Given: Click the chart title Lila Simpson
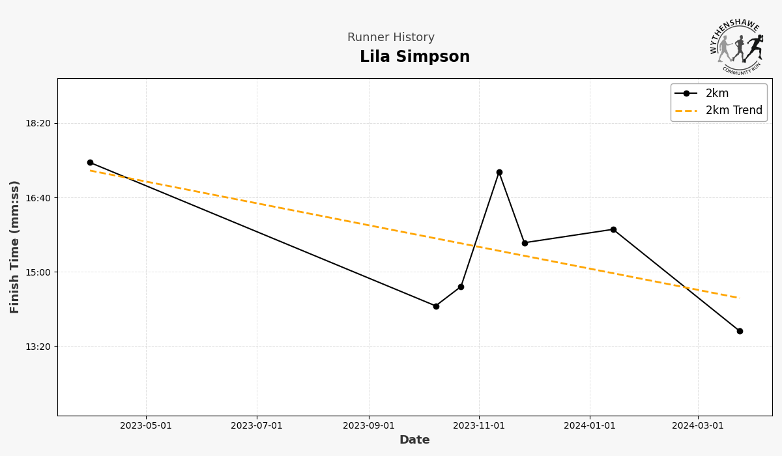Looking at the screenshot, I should coord(414,57).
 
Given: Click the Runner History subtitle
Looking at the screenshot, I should coord(390,38).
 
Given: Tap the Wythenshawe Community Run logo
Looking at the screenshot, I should coord(737,46).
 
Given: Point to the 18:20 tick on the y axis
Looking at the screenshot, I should coord(37,123).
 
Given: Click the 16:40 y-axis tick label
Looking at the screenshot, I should coord(37,197).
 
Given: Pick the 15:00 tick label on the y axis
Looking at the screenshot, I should coord(37,272).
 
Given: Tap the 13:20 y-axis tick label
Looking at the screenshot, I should coord(37,347).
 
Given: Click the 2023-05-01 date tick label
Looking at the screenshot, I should coord(146,426).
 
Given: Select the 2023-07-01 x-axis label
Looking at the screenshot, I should coord(257,426).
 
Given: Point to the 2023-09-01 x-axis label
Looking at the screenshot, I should coord(369,426).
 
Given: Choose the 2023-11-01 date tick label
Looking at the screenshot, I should coord(479,426).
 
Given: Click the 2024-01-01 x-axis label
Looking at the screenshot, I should coord(590,426).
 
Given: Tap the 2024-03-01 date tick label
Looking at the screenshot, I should coord(698,426).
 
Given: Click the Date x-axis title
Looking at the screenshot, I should coord(414,440).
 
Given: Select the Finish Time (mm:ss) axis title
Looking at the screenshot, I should coord(15,247).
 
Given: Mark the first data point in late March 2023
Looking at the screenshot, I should coord(90,163).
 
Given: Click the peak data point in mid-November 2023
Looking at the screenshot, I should coord(499,173).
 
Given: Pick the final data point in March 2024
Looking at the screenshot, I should coord(740,331).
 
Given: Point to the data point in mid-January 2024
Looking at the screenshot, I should coord(613,229).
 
